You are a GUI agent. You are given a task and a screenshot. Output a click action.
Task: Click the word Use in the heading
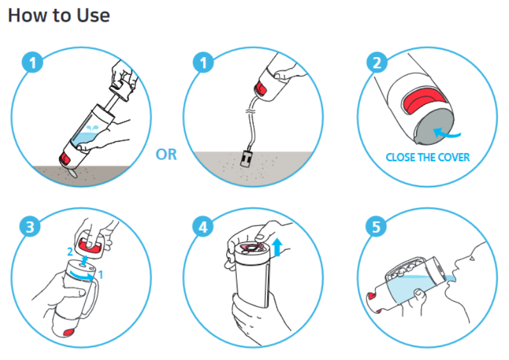click(x=93, y=15)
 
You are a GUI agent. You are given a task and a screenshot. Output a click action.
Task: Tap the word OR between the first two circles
click(x=166, y=155)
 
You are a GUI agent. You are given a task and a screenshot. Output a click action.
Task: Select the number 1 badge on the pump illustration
click(x=32, y=62)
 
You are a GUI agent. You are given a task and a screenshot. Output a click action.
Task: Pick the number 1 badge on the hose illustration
click(x=203, y=62)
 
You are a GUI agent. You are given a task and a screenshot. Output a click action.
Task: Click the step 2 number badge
click(x=377, y=62)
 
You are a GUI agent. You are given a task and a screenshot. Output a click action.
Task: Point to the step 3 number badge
click(x=30, y=226)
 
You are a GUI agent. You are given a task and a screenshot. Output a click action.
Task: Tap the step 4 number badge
click(x=203, y=226)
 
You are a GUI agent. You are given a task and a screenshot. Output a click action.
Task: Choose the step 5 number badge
click(x=376, y=226)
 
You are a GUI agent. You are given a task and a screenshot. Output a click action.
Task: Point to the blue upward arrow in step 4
click(x=277, y=247)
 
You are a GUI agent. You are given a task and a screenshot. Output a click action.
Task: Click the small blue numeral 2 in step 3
click(x=70, y=252)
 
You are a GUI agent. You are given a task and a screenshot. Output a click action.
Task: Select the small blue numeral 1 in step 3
click(x=100, y=274)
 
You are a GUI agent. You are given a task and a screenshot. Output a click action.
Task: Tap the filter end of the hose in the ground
click(x=246, y=159)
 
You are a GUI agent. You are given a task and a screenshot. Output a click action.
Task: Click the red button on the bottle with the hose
click(x=260, y=88)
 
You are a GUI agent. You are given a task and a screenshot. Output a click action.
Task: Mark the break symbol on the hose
click(x=252, y=112)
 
